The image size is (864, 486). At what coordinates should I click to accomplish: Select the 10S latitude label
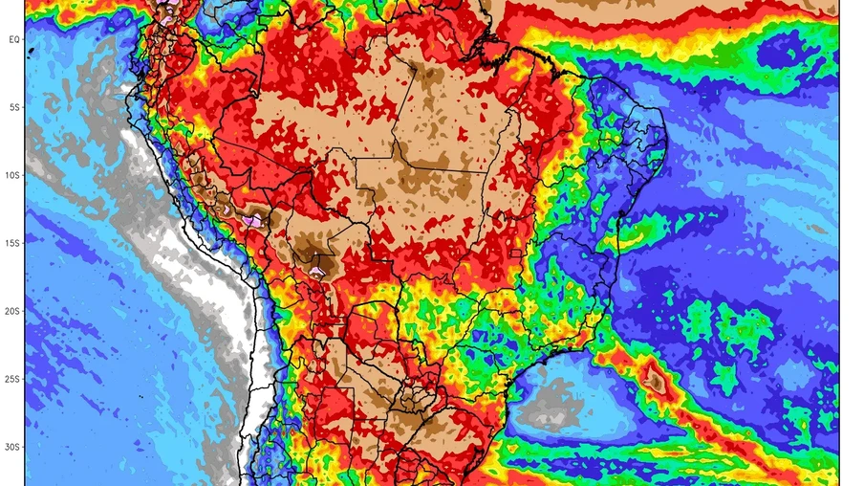[13, 175]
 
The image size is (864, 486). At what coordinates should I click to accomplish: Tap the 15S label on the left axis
[13, 243]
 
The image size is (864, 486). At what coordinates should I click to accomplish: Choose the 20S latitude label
[13, 311]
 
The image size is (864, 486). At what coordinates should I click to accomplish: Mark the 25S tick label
[13, 379]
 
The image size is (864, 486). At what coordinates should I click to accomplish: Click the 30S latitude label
[13, 447]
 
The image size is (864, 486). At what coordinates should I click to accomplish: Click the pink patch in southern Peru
[253, 220]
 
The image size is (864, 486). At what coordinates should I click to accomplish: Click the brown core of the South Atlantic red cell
[656, 381]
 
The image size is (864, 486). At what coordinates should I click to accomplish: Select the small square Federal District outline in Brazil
[515, 254]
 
